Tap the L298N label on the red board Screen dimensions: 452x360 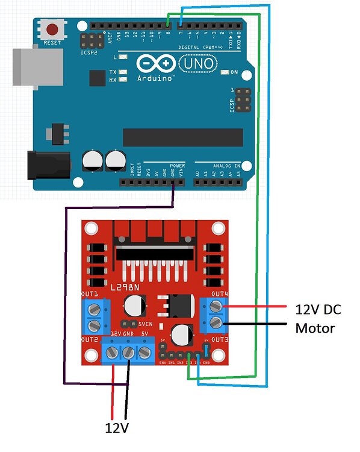[x=123, y=288]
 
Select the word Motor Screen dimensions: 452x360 [x=315, y=328]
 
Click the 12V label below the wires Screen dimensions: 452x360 [x=117, y=428]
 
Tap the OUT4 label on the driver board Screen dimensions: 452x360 [x=219, y=293]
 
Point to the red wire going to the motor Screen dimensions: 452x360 [x=259, y=307]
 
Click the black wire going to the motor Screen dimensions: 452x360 [x=259, y=325]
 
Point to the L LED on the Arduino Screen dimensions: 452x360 [x=123, y=57]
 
